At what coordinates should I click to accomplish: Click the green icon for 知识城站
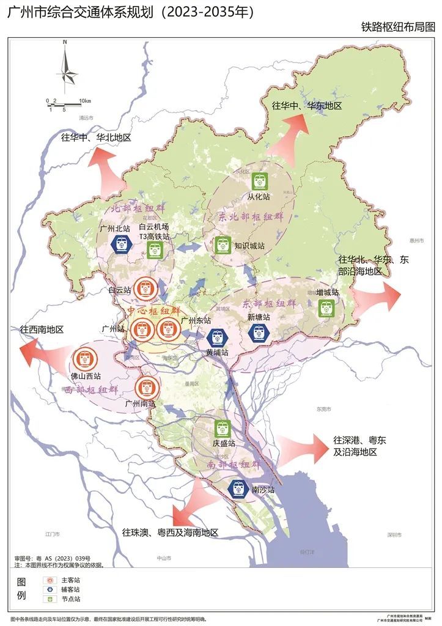(x=222, y=245)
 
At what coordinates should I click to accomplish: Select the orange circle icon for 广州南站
(x=147, y=386)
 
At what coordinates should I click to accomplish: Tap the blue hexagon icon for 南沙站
(x=238, y=488)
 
